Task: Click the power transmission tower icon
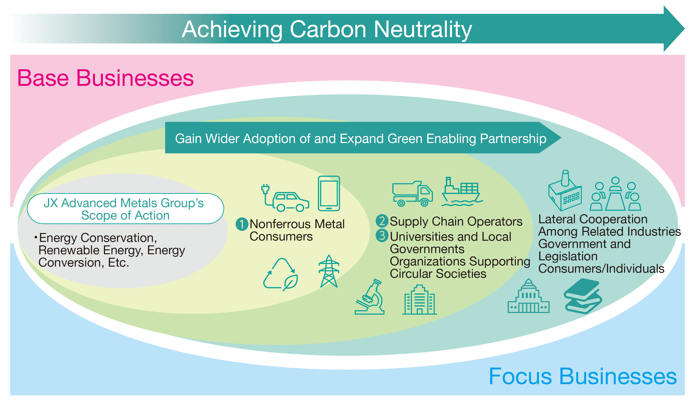click(x=329, y=272)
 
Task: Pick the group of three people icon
click(x=615, y=195)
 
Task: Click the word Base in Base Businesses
click(x=43, y=78)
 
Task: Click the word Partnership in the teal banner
click(x=513, y=139)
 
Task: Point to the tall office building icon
click(x=419, y=300)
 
